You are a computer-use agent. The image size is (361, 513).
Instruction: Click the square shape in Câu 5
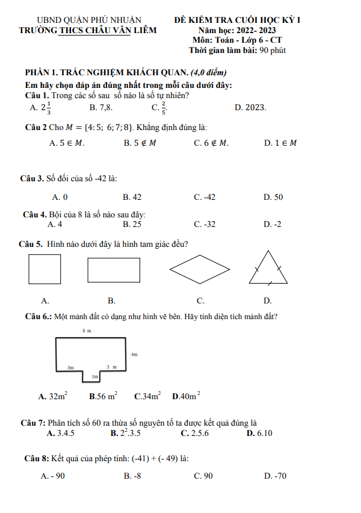pos(45,269)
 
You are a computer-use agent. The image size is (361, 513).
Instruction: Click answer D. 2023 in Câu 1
pos(250,108)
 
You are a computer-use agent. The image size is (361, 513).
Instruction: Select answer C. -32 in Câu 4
pos(205,224)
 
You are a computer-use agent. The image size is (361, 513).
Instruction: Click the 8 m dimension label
pos(87,331)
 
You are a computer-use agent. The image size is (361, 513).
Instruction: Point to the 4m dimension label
pos(134,355)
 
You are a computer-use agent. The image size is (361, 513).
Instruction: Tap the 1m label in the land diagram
pos(95,377)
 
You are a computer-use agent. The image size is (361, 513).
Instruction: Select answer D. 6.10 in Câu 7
pos(259,433)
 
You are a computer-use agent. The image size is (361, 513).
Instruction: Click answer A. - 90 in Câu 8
pos(53,476)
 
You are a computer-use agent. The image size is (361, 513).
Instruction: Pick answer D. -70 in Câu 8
pos(275,476)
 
